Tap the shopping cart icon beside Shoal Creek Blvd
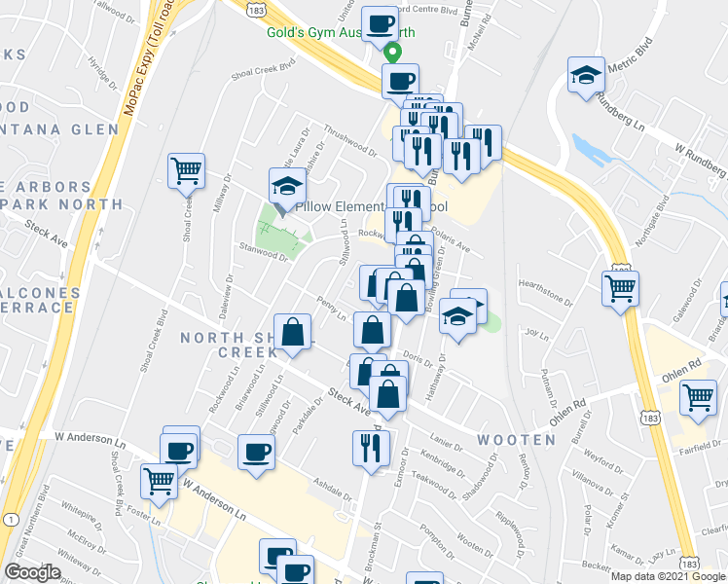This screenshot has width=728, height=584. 185,170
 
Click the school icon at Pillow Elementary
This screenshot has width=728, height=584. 286,185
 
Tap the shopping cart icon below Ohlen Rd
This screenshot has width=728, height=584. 698,396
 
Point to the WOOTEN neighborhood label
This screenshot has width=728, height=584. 516,440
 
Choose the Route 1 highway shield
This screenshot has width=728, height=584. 11,521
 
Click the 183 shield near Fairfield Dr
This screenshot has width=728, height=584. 648,416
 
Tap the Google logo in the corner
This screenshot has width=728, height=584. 32,572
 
